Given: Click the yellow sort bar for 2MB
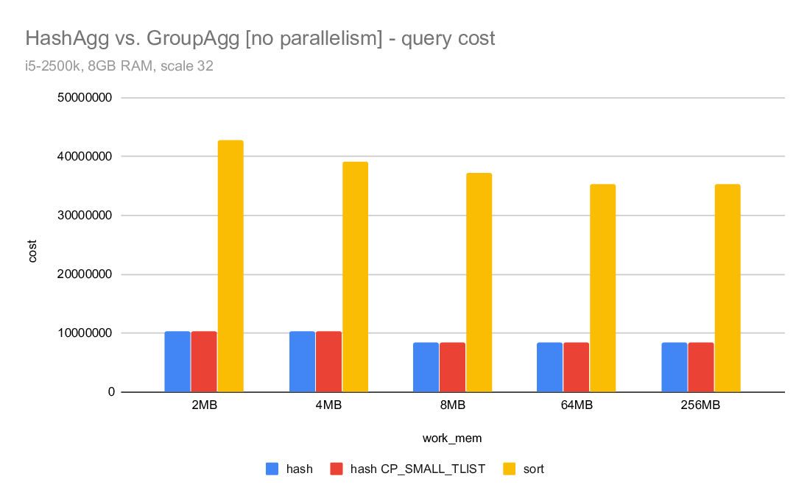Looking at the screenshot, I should tap(230, 266).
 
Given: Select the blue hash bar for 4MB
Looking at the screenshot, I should tap(302, 361).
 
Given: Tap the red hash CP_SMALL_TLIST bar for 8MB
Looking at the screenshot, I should tap(452, 367).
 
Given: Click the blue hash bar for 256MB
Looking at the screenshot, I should tap(674, 367).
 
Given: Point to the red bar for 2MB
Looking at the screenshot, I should tap(204, 361).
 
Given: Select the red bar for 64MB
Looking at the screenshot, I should tap(576, 367).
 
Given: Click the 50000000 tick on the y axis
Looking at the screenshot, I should tap(86, 98).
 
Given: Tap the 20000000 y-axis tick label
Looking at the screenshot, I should tap(86, 274).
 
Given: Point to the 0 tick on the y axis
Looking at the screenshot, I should tap(110, 392).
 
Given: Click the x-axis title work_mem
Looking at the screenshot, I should tap(452, 438).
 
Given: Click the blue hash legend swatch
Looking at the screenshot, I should tap(272, 469).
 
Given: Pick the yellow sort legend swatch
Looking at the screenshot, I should tap(509, 469).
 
